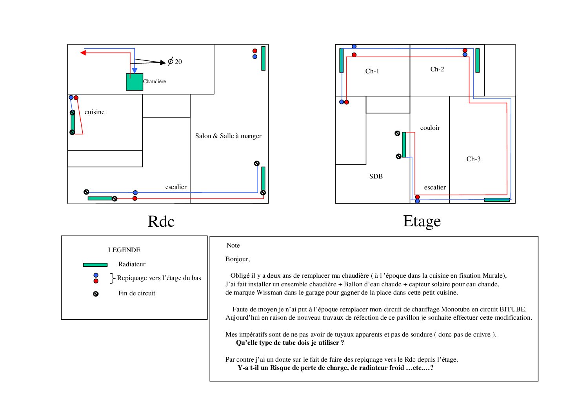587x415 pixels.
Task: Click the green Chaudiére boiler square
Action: (134, 82)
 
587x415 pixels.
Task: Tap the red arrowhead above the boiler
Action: (83, 53)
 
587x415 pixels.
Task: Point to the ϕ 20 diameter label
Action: (175, 62)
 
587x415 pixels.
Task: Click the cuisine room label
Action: (95, 112)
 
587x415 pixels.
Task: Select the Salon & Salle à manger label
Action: (228, 136)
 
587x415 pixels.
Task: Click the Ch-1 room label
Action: (372, 71)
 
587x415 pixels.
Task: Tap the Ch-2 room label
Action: (437, 69)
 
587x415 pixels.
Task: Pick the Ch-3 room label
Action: (473, 159)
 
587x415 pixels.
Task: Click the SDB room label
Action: (376, 177)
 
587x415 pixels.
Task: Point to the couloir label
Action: (430, 128)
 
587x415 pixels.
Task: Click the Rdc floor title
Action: (161, 222)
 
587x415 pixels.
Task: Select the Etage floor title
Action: (422, 221)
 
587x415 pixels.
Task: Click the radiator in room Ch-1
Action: (342, 60)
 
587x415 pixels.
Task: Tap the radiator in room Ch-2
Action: (477, 60)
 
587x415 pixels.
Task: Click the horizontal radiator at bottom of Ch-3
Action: (497, 200)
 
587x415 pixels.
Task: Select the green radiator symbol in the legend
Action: (95, 265)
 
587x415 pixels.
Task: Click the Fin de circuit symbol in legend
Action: (96, 294)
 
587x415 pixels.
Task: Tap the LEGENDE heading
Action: (124, 250)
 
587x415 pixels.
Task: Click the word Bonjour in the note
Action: (237, 259)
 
